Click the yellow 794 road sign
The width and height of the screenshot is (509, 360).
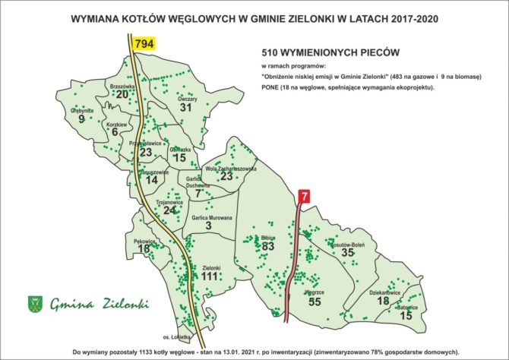[144, 45]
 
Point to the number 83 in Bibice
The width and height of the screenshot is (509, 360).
[267, 246]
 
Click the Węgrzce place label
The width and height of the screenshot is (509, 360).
[314, 291]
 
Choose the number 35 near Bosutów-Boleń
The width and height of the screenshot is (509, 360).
[348, 253]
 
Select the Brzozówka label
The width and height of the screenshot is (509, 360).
[122, 87]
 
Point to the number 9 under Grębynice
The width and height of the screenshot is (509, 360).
[81, 119]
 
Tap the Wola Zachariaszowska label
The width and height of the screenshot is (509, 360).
[230, 168]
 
